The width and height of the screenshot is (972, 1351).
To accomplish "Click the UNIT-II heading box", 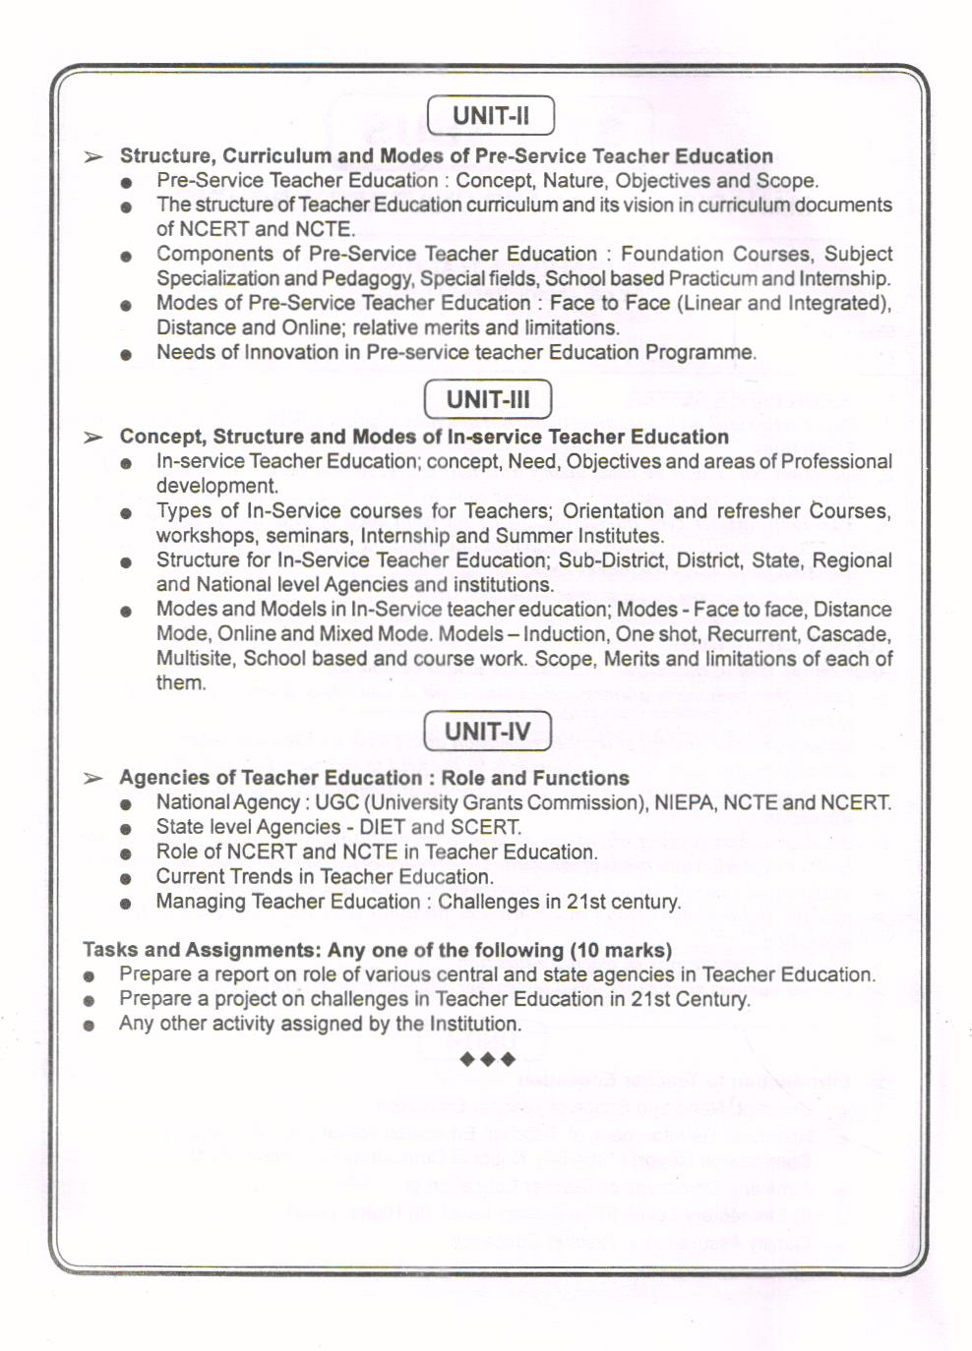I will [x=491, y=115].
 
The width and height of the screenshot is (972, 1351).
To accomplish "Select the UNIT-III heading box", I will [x=488, y=399].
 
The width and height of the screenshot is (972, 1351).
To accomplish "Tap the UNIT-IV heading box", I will [x=487, y=732].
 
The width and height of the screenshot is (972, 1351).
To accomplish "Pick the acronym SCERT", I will [x=485, y=827].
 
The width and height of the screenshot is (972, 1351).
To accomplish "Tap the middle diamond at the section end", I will [x=488, y=1059].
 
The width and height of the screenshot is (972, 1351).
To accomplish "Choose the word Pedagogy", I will [x=369, y=278].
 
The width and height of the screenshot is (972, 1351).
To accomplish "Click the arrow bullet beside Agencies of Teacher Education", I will [x=93, y=779].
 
